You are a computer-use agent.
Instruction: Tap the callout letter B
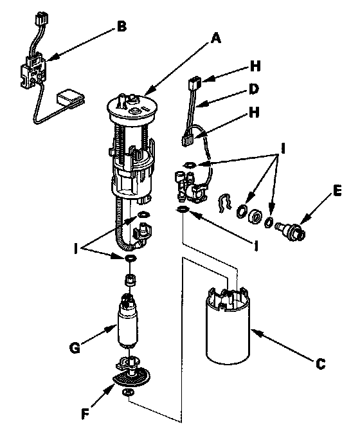(122, 27)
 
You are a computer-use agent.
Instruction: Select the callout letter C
(321, 363)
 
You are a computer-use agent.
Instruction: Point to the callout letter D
(254, 89)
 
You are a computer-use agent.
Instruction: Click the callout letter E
(337, 190)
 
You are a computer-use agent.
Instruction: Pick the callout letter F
(85, 414)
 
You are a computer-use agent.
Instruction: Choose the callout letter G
(75, 348)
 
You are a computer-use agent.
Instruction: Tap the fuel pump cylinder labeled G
(127, 322)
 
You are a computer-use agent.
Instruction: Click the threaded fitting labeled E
(291, 231)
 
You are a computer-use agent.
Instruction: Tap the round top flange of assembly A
(132, 109)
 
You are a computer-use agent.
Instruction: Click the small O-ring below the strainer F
(128, 392)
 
